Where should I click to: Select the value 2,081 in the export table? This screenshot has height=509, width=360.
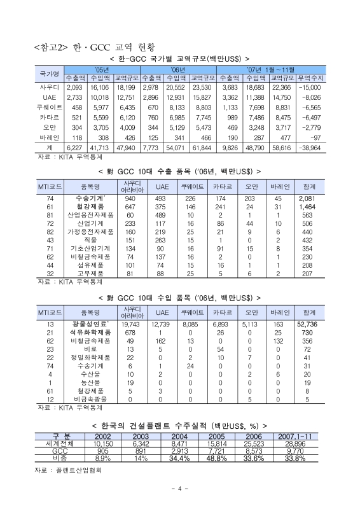tap(309, 198)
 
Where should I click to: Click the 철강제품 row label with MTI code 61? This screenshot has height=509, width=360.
tap(90, 207)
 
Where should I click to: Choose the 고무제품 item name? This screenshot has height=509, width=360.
tap(90, 272)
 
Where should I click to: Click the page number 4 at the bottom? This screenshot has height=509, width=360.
tap(180, 489)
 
